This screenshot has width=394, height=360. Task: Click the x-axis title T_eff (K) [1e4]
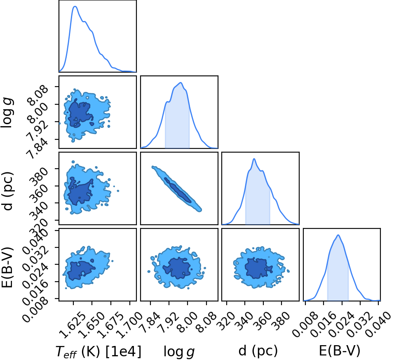[x=98, y=351]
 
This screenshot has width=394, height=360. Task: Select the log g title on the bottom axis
[x=179, y=351]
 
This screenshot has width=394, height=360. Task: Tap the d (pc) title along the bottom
[x=258, y=351]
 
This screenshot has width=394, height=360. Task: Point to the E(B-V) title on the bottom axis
[x=340, y=351]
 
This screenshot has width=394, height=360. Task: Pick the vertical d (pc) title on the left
[x=7, y=191]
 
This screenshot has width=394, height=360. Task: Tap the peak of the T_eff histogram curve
[x=75, y=6]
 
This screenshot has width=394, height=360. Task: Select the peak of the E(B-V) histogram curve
[x=338, y=235]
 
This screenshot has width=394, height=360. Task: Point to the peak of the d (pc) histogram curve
[x=254, y=159]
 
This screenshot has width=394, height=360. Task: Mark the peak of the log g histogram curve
[x=181, y=82]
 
